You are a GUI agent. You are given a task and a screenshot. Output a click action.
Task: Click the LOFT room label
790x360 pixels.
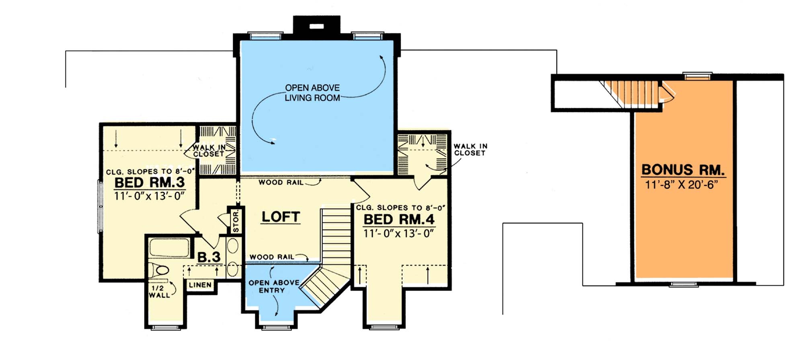[281, 217]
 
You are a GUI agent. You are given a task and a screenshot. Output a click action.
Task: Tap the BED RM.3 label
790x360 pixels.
[150, 183]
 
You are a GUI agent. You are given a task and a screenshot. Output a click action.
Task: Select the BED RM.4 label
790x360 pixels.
[399, 220]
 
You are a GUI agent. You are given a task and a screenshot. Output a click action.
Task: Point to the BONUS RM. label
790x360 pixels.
[683, 169]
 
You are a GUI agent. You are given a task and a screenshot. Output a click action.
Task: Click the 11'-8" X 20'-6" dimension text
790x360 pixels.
[682, 185]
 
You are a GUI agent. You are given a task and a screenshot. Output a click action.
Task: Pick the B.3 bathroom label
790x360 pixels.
[209, 257]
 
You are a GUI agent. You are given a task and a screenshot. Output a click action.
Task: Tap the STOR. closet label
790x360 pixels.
[236, 222]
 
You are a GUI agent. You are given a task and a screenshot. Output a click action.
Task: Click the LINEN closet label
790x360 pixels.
[200, 285]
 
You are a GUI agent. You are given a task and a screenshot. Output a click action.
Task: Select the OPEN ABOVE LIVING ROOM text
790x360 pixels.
[312, 93]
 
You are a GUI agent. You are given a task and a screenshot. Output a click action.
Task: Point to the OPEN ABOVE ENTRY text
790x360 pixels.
[274, 286]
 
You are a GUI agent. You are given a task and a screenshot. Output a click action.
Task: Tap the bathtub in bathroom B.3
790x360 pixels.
[169, 248]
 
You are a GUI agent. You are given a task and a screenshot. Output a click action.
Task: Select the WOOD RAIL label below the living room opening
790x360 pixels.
[281, 182]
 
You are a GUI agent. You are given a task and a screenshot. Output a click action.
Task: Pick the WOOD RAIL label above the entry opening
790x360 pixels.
[272, 257]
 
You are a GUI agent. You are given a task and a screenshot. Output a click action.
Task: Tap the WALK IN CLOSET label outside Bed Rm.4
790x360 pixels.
[470, 150]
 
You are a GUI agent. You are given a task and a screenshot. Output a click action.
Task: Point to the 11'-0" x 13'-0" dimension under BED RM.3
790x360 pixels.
[149, 196]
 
